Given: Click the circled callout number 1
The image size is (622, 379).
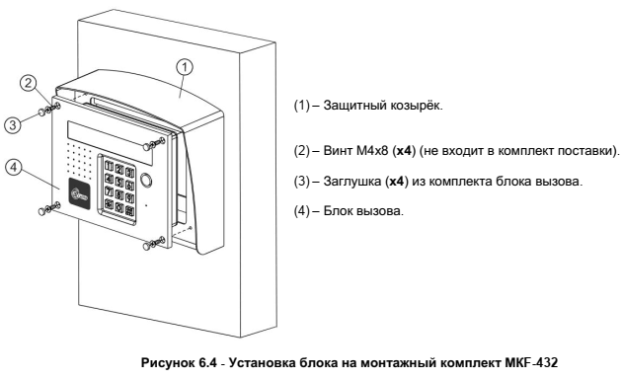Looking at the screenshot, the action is (x=184, y=68).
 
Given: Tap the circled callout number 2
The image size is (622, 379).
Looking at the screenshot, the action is (x=29, y=83).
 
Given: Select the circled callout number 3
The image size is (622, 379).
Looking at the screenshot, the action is (x=13, y=125).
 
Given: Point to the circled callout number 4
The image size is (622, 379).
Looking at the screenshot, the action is (x=14, y=168).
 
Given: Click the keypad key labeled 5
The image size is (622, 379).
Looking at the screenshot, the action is (x=119, y=183).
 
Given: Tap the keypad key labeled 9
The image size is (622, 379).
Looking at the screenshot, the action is (x=129, y=197).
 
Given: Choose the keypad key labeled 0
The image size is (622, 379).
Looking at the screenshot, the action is (x=118, y=207).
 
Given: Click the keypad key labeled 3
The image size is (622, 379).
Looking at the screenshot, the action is (x=130, y=173).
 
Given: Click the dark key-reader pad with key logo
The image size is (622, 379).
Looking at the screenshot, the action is (x=80, y=192).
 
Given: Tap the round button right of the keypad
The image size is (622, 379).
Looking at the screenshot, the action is (x=145, y=180).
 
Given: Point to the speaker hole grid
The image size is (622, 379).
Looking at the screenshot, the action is (x=79, y=160).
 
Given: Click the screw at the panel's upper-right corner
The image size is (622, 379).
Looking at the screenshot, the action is (x=154, y=143).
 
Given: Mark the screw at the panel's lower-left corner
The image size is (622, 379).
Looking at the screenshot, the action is (x=49, y=208).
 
